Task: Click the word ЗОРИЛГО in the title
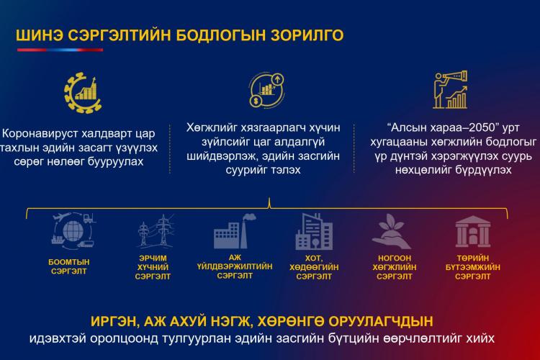pos(307,35)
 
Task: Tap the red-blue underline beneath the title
pos(60,50)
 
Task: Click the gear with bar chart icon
pos(83,93)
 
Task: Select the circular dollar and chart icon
pos(267,90)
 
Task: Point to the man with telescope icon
pos(451,89)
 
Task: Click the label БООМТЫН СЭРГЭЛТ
pos(69,266)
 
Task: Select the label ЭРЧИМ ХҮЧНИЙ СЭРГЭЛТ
pos(153,267)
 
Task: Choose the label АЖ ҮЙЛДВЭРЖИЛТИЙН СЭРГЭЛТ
pos(235,266)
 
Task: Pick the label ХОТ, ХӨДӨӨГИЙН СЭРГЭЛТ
pos(314,267)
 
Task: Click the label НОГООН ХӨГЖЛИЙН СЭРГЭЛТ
pos(395,267)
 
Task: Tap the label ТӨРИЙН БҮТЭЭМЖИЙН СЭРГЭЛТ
pos(473,267)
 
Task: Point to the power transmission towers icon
pos(156,231)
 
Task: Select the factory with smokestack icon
pos(235,231)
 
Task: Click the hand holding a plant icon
pos(392,232)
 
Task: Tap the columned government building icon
pos(473,232)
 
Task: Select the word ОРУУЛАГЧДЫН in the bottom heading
pos(381,321)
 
